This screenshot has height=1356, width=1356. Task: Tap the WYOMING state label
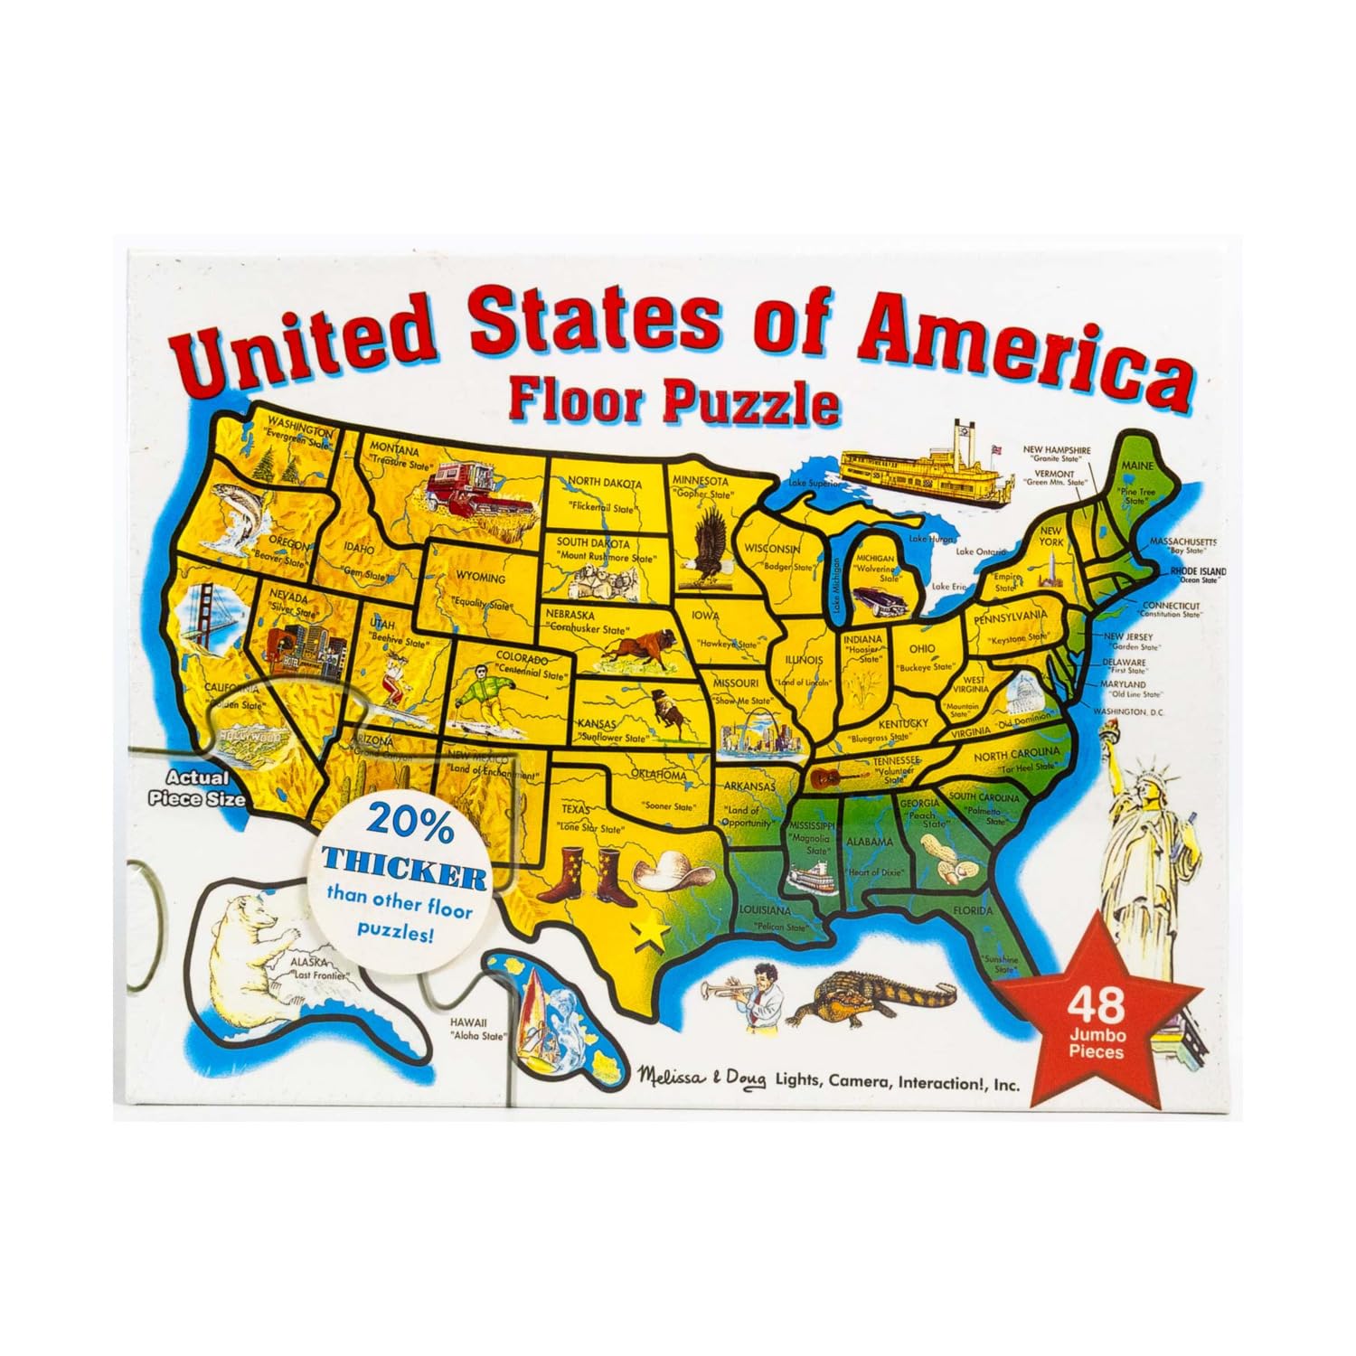coord(481,578)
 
